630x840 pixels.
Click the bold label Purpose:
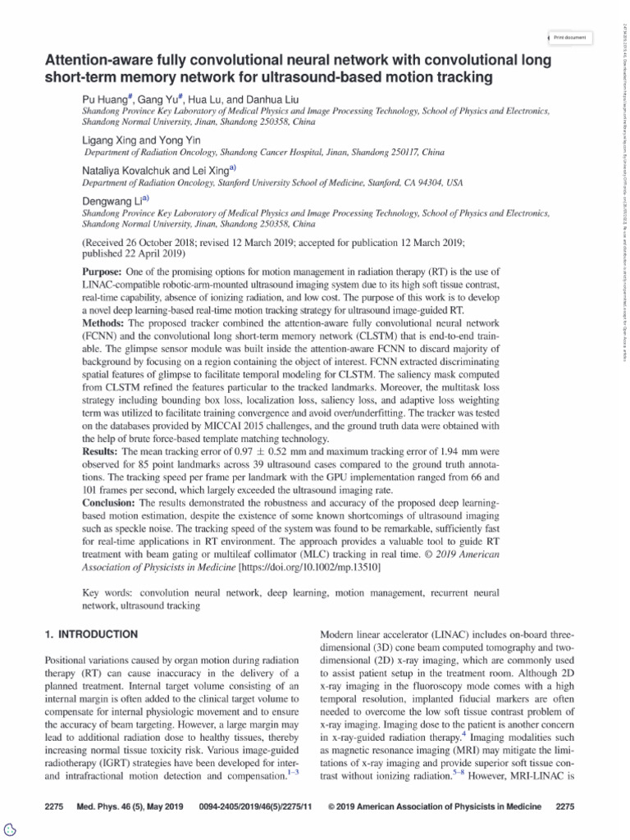pyautogui.click(x=104, y=249)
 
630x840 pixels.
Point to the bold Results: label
pyautogui.click(x=104, y=452)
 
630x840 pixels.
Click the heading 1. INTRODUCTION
pyautogui.click(x=89, y=634)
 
